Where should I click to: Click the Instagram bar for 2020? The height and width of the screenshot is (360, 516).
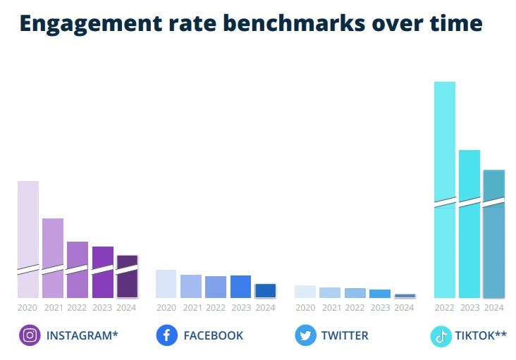pos(28,239)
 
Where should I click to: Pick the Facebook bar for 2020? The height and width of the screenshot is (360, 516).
pos(166,283)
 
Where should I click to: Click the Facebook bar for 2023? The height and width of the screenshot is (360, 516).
pos(240,286)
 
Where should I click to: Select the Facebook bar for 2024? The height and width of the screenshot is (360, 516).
pos(265,290)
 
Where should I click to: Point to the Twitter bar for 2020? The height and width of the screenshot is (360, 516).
pos(305,291)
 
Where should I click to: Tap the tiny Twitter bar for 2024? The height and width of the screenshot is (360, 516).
pos(405,296)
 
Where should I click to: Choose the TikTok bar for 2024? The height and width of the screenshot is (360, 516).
pos(494,233)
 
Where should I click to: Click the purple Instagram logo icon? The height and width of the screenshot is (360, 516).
pos(30,335)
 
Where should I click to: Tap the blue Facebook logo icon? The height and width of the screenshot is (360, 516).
pos(166,335)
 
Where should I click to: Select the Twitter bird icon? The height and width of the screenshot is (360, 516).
pos(305,335)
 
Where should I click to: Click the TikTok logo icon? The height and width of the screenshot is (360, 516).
pos(441,336)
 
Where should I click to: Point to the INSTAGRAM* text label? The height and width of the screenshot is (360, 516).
pos(82,335)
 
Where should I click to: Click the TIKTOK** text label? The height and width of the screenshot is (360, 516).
pos(481,335)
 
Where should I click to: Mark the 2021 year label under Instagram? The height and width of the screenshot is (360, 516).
pos(53,308)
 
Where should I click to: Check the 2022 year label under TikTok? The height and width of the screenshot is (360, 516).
pos(445,308)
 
